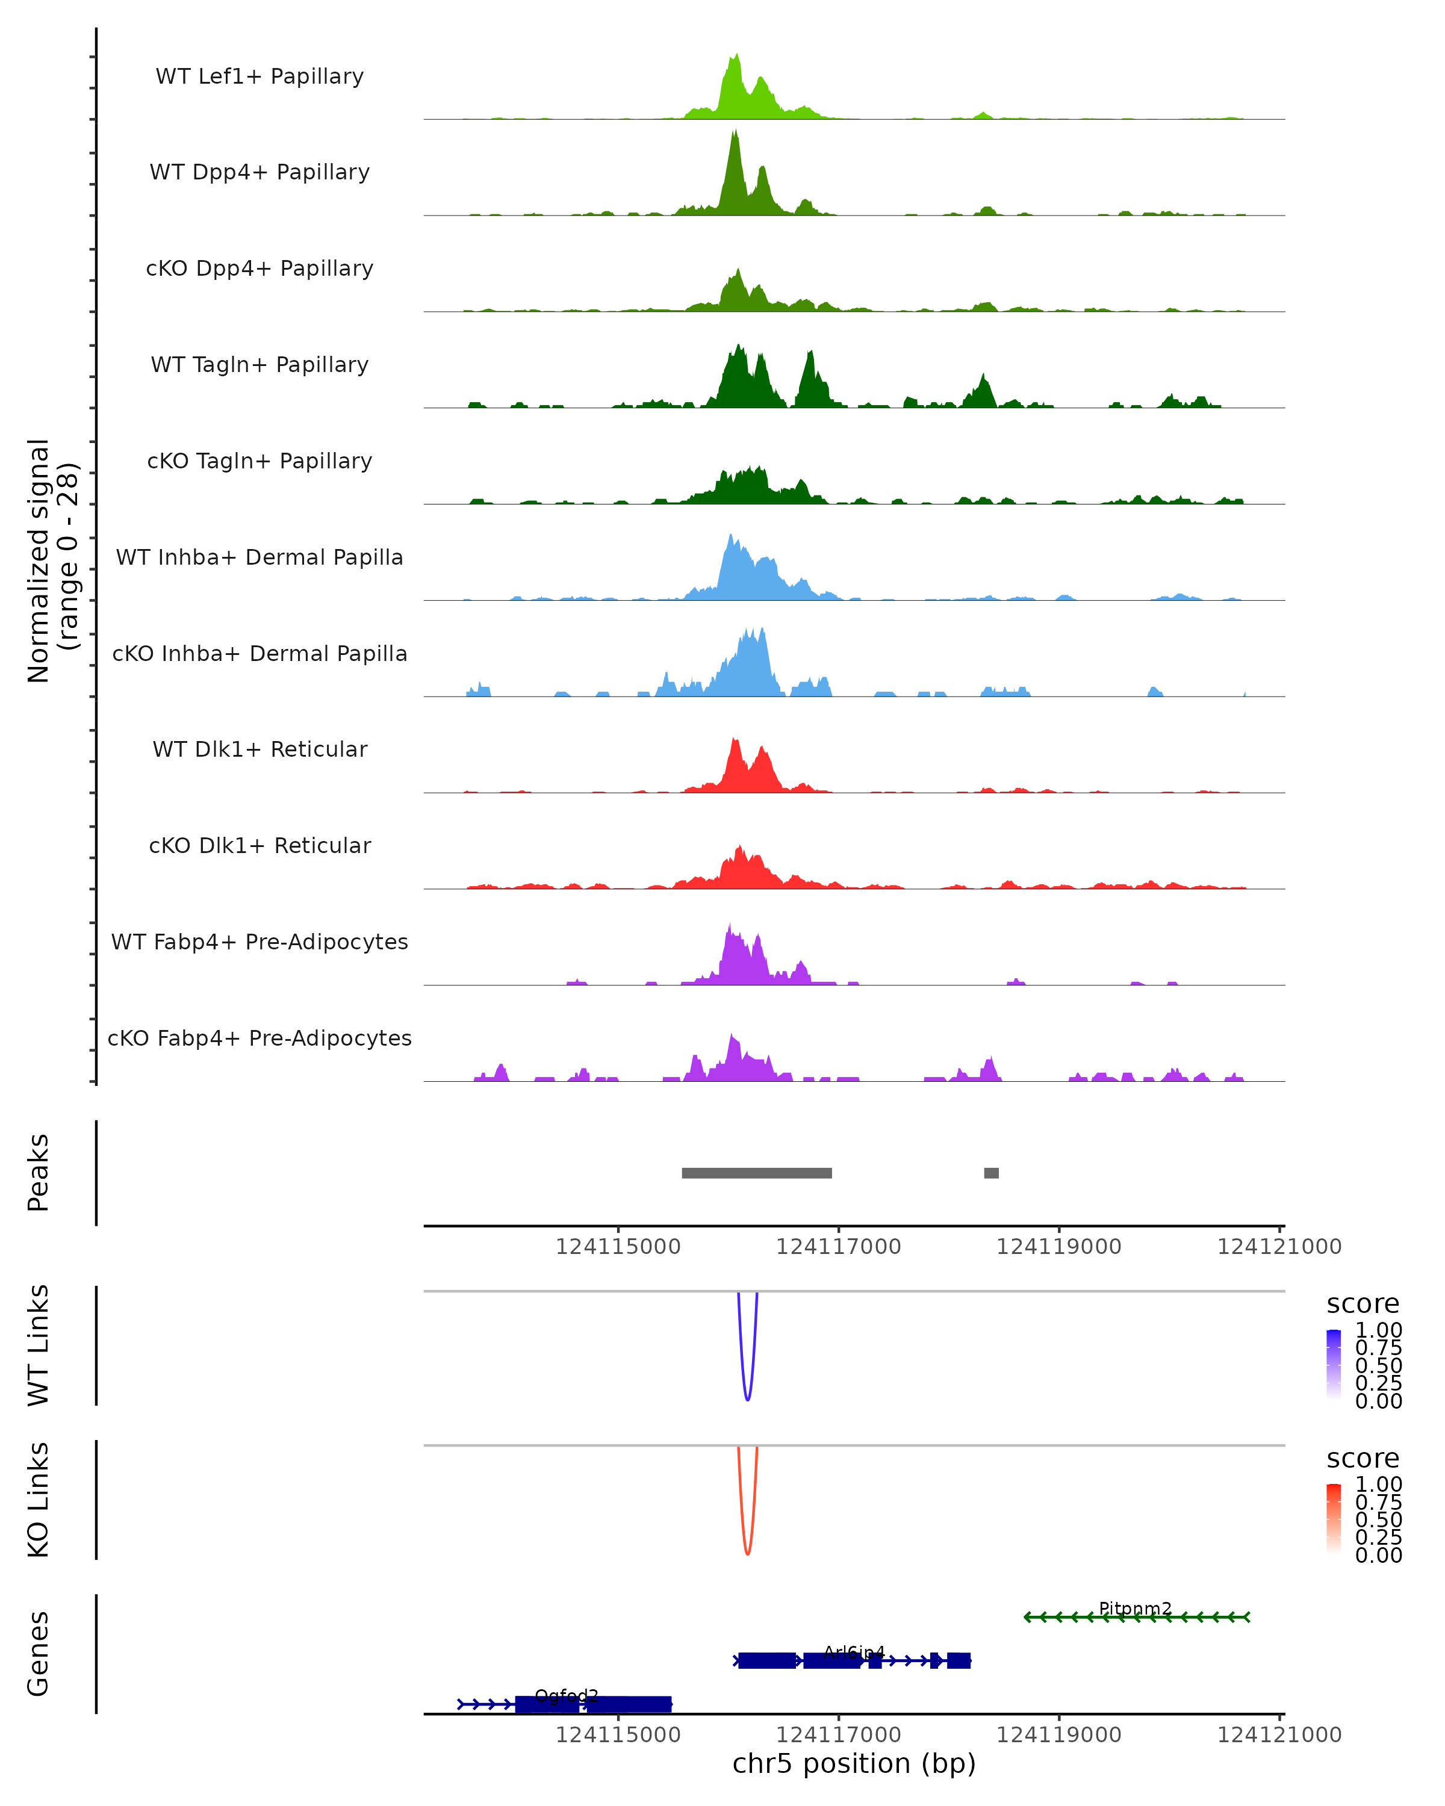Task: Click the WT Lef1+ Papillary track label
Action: pyautogui.click(x=259, y=76)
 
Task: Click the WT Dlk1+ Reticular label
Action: pyautogui.click(x=259, y=749)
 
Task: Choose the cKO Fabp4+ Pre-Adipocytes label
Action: pyautogui.click(x=259, y=1038)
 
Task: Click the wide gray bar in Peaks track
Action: pyautogui.click(x=756, y=1173)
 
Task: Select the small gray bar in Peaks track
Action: pyautogui.click(x=991, y=1173)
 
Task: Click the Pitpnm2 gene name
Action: pyautogui.click(x=1135, y=1609)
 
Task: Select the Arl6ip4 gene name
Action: pyautogui.click(x=854, y=1652)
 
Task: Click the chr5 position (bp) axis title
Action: pyautogui.click(x=854, y=1763)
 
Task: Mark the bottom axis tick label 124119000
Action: pyautogui.click(x=1058, y=1735)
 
